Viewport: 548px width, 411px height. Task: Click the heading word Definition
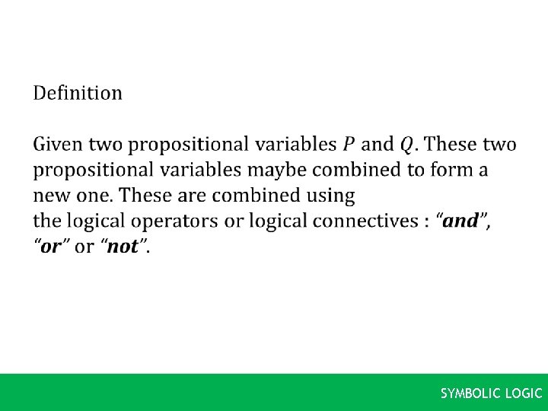[77, 93]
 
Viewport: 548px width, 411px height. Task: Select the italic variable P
[349, 144]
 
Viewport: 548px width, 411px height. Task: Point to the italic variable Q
[407, 144]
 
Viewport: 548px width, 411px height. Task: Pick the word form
[447, 170]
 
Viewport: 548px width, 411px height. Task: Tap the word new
[50, 196]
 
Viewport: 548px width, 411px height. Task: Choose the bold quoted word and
[460, 221]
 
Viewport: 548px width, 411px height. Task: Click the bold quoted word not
[123, 247]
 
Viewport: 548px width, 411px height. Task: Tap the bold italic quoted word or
[50, 247]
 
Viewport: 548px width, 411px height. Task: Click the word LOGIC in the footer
[524, 393]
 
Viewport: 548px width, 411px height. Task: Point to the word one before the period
[90, 196]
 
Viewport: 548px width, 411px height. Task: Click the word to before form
[408, 170]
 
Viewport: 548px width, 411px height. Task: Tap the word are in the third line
[191, 196]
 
